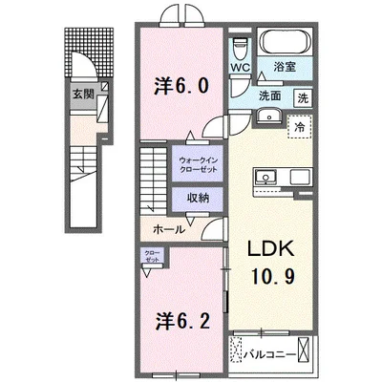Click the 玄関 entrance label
[83, 94]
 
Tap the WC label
[241, 68]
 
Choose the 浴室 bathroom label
[284, 68]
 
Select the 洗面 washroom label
[269, 97]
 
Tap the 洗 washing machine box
[302, 98]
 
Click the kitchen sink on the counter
[264, 176]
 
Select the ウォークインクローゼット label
[198, 163]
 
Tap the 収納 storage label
[198, 198]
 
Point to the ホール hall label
[170, 229]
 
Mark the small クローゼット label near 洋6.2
[154, 257]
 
